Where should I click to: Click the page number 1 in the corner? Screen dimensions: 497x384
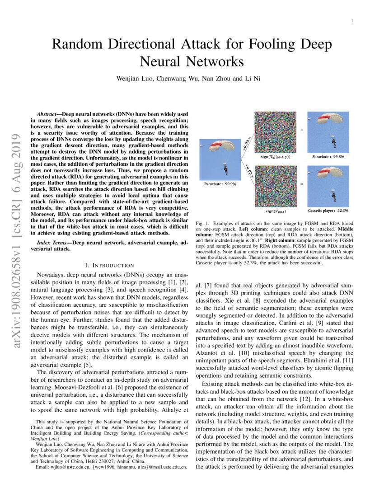tap(352, 21)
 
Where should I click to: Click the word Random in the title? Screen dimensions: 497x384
tap(77, 45)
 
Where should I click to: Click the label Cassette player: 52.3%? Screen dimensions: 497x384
tap(328, 211)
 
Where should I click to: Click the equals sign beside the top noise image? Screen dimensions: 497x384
tap(301, 130)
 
